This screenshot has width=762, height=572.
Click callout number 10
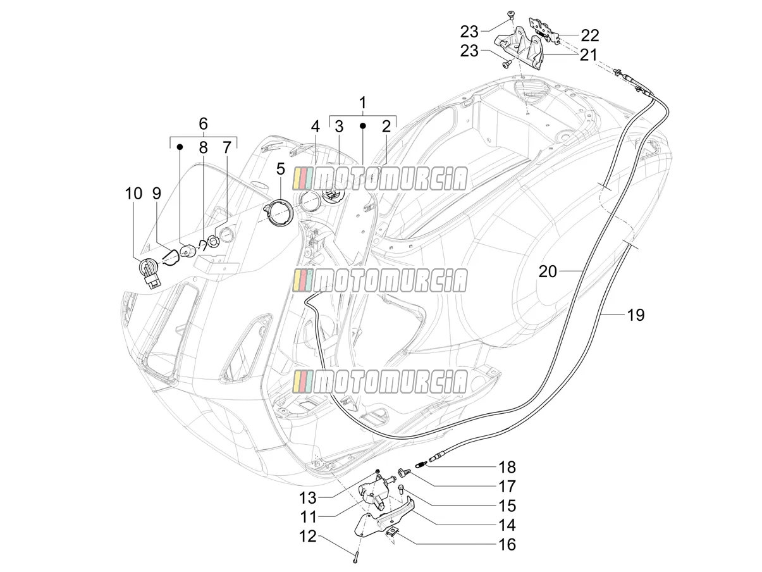[x=133, y=194]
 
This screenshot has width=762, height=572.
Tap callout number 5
[x=281, y=169]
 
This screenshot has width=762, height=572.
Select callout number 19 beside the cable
[x=636, y=315]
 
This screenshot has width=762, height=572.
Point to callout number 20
[x=548, y=272]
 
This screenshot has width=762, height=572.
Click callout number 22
[x=590, y=35]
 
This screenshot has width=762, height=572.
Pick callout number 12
[x=308, y=537]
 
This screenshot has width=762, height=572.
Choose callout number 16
[x=507, y=545]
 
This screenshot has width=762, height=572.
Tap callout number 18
[x=507, y=468]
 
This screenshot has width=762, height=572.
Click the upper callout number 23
[x=469, y=32]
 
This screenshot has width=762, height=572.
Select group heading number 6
[x=203, y=123]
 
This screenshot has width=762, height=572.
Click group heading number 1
[x=362, y=103]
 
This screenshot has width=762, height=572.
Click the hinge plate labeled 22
[x=543, y=29]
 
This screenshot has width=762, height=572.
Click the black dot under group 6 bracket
[x=180, y=147]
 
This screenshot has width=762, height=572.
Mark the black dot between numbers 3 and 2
[x=363, y=126]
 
